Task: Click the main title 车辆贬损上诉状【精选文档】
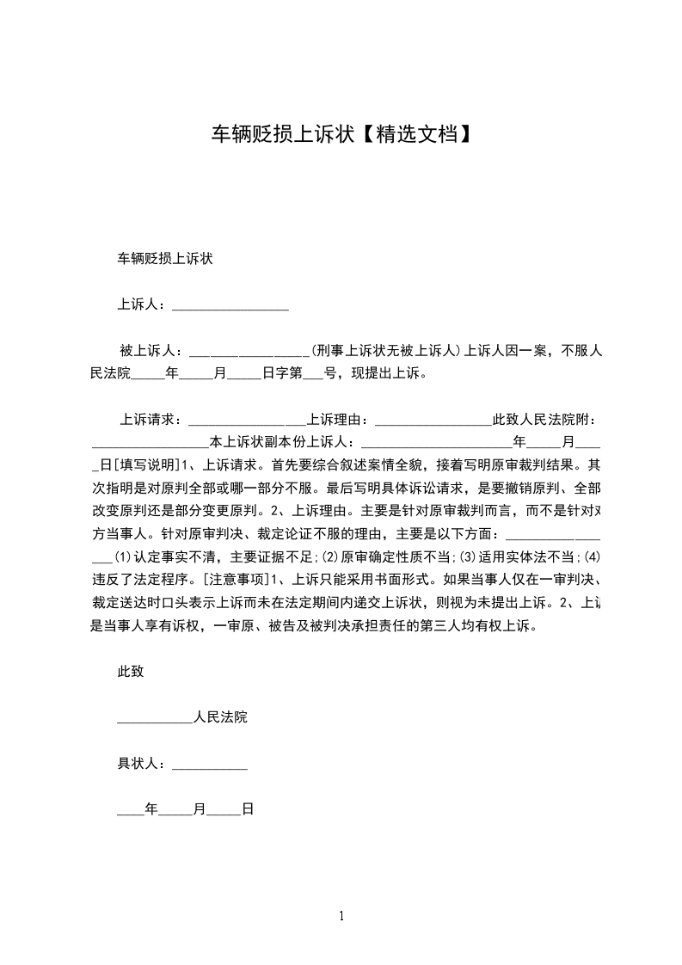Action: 341,134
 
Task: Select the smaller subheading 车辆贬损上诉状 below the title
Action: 165,258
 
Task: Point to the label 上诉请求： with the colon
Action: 151,421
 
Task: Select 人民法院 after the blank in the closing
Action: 221,717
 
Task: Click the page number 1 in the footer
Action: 341,916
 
